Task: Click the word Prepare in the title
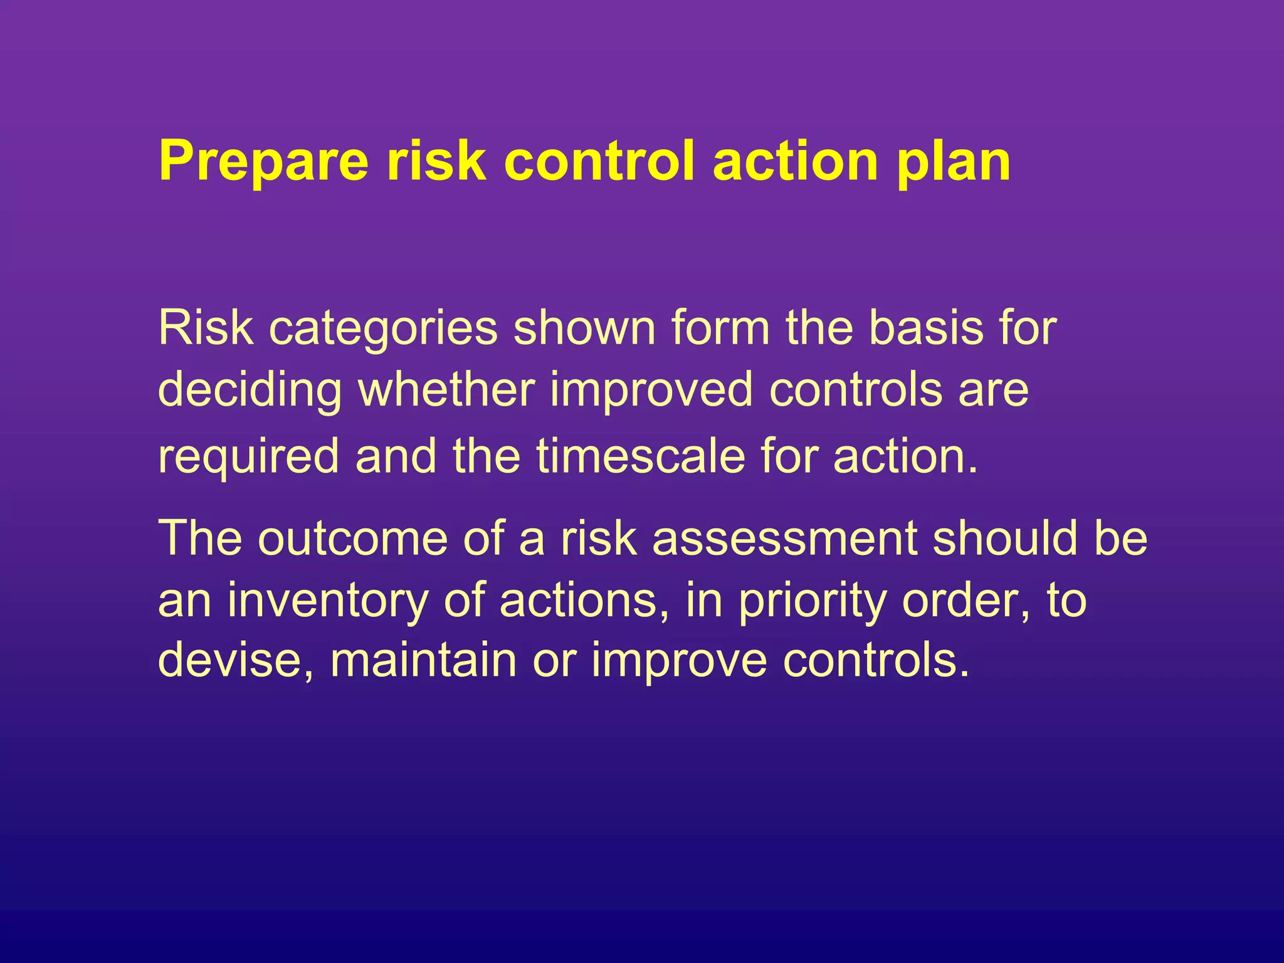point(264,162)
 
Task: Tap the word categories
point(383,328)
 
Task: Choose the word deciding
point(250,390)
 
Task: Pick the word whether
point(446,390)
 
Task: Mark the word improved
point(651,390)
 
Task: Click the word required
point(248,456)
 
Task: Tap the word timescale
point(640,456)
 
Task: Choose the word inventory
point(327,601)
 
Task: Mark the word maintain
point(423,660)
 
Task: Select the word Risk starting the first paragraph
point(206,328)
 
